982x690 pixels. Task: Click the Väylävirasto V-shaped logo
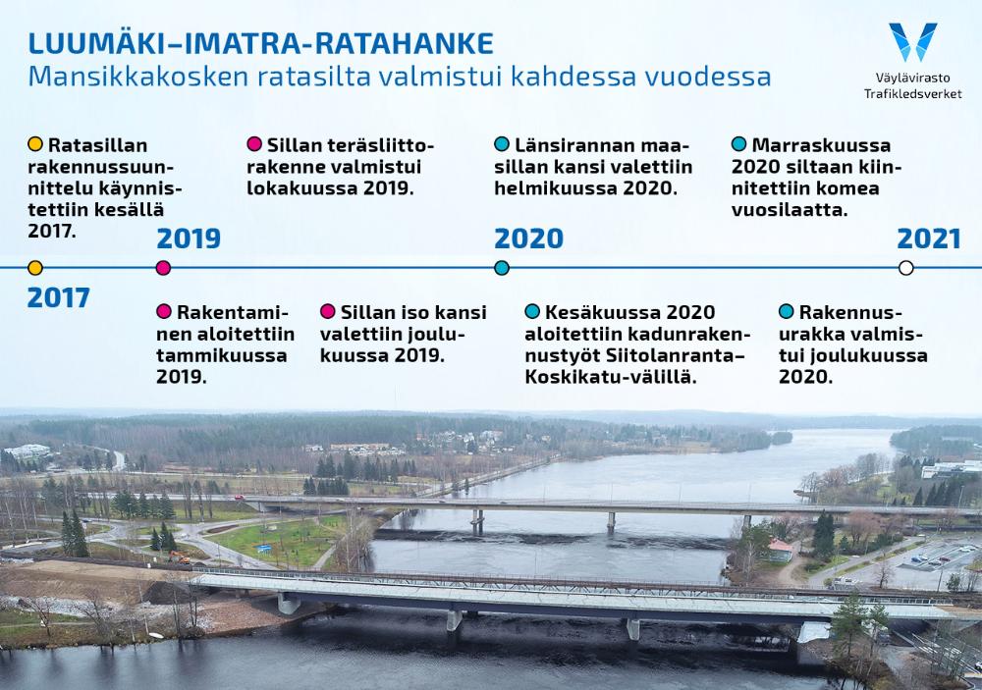coord(913,42)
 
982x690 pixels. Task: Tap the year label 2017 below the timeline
coord(58,298)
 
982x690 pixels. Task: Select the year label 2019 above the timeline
coord(189,239)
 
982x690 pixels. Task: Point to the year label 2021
coord(929,239)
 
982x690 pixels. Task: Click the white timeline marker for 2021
coord(905,268)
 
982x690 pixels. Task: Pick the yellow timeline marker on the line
coord(35,268)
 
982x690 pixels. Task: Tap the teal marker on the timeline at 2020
coord(502,268)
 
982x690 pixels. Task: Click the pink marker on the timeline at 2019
coord(163,268)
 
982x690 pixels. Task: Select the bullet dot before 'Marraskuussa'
coord(739,144)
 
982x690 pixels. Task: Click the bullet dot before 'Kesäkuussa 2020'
coord(532,311)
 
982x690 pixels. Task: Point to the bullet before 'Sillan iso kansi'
coord(328,311)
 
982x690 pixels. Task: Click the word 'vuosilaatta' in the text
coord(790,210)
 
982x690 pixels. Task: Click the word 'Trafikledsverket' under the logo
coord(913,94)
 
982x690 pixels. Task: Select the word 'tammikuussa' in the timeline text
coord(222,355)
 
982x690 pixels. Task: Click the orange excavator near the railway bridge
coord(180,557)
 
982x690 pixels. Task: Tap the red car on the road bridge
coord(239,498)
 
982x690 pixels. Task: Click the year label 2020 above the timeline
coord(528,239)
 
